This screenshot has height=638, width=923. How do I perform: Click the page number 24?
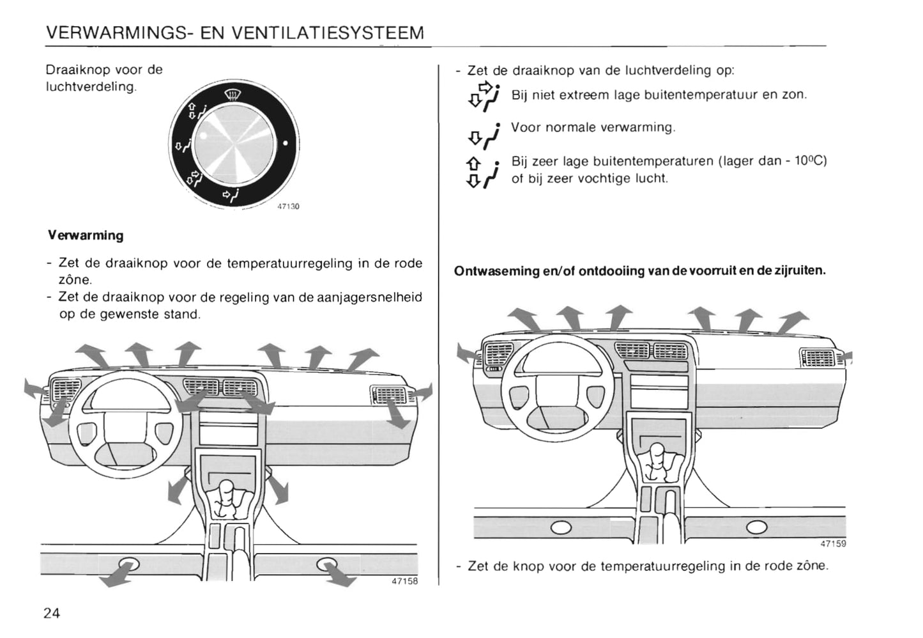coord(52,613)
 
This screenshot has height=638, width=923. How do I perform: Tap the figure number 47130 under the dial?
coord(288,206)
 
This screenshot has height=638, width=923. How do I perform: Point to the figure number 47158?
coord(404,581)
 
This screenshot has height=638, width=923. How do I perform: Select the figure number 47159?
coord(833,543)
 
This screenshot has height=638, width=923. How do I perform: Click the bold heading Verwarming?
coord(86,235)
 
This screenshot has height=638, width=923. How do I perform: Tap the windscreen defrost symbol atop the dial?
coord(233,97)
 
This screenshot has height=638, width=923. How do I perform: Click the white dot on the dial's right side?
coord(286,142)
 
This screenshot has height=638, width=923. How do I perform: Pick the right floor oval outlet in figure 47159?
coord(756,527)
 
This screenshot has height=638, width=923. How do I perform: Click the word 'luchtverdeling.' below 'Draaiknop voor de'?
coord(91,86)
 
